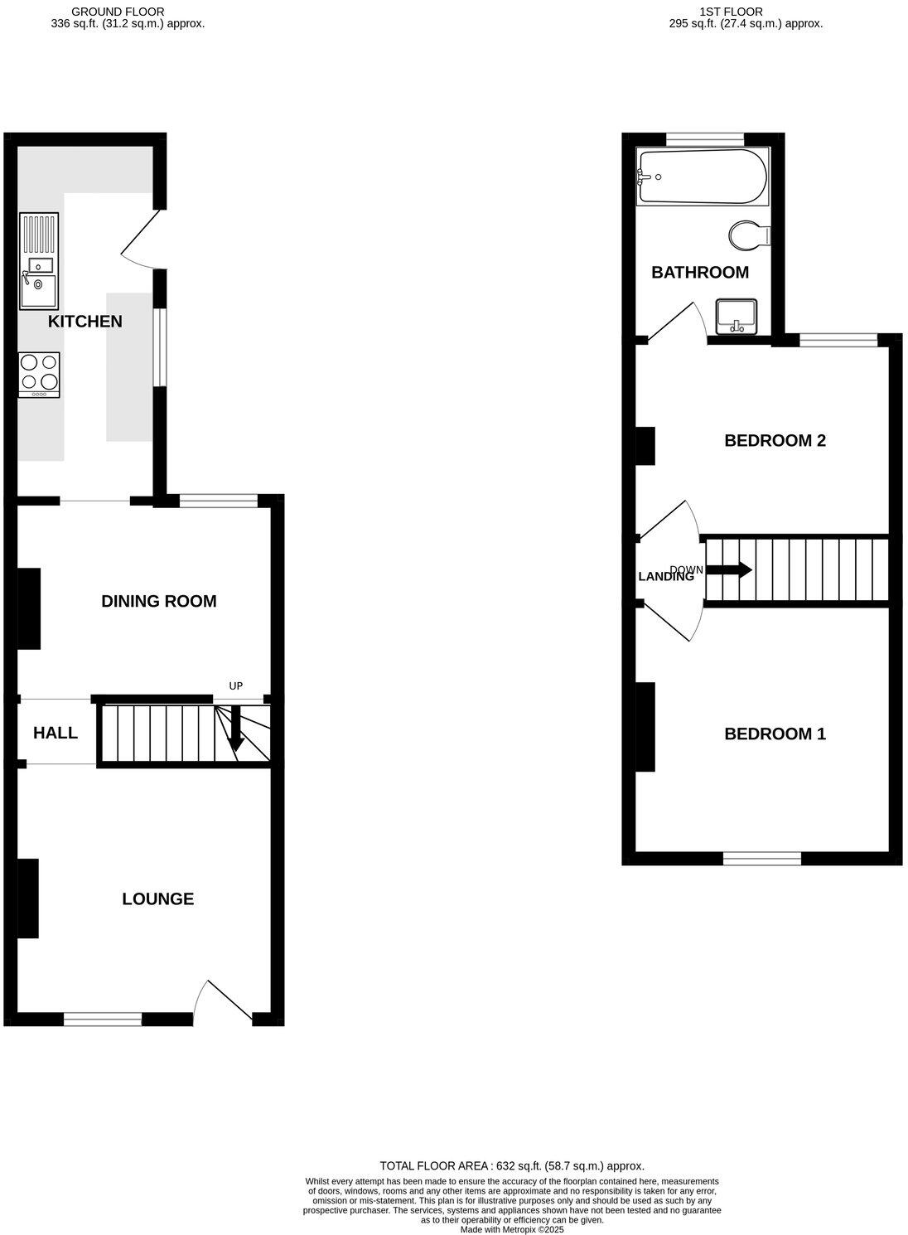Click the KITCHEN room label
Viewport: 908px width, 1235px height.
pos(85,321)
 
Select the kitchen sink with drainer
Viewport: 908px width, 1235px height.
pos(40,261)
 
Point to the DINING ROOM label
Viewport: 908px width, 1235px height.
pos(158,601)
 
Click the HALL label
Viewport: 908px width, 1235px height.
pos(56,733)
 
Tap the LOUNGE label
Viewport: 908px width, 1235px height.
pos(157,898)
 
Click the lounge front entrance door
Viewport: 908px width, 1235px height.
pos(222,1001)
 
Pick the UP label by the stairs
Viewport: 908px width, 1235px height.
pos(236,686)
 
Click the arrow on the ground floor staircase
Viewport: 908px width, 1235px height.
pos(236,729)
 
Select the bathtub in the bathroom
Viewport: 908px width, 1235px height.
pos(703,177)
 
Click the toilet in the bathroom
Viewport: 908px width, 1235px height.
pos(750,235)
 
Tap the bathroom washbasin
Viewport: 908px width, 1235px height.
pos(736,316)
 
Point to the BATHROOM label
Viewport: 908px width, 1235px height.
pos(699,272)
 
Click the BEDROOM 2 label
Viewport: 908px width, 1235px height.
pos(775,440)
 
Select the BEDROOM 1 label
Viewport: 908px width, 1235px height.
pos(775,734)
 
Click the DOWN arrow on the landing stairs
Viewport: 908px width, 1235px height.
pos(729,570)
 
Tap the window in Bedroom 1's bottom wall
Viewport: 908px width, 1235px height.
pos(761,859)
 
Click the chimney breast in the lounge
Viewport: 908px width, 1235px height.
pos(28,898)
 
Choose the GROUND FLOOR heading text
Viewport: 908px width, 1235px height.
pos(118,12)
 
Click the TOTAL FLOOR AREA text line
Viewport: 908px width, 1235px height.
pos(511,1165)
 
